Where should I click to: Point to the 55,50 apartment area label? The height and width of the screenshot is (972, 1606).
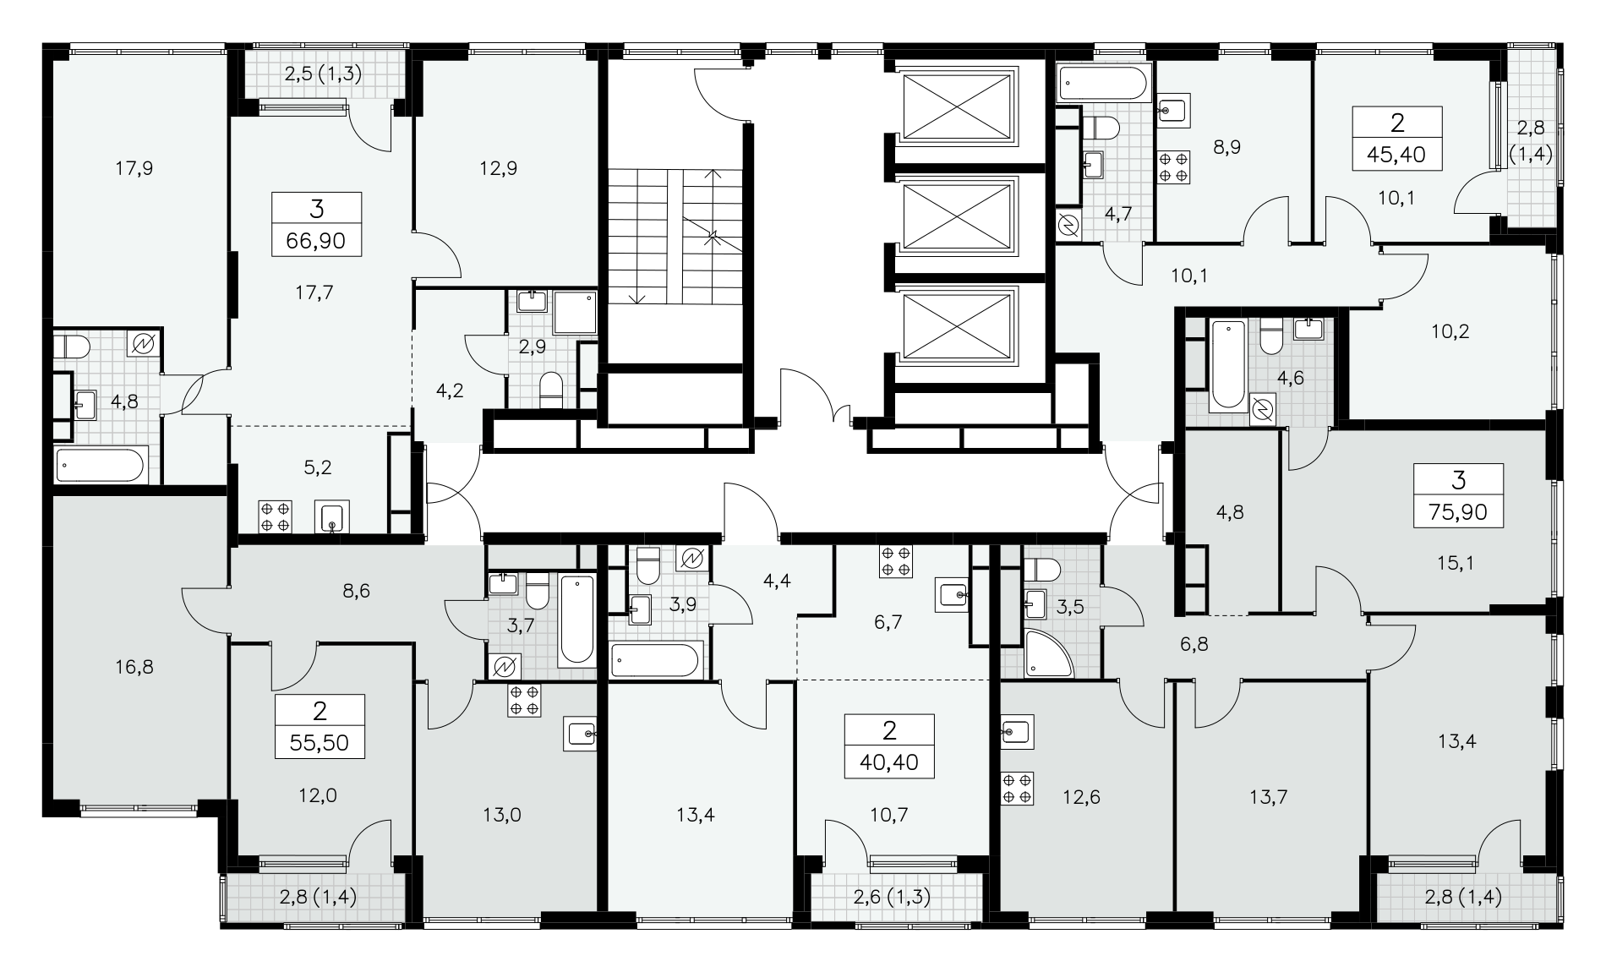[320, 744]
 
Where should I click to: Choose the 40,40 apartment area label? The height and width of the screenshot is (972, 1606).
[889, 763]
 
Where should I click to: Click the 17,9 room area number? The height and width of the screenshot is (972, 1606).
[134, 169]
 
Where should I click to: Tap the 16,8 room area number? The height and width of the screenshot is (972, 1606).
[134, 668]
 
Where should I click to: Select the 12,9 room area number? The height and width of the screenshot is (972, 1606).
[498, 169]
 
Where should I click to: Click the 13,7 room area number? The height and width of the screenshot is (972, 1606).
[1268, 796]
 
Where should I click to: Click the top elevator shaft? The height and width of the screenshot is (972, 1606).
[957, 106]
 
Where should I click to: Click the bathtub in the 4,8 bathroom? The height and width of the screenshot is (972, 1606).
[101, 465]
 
